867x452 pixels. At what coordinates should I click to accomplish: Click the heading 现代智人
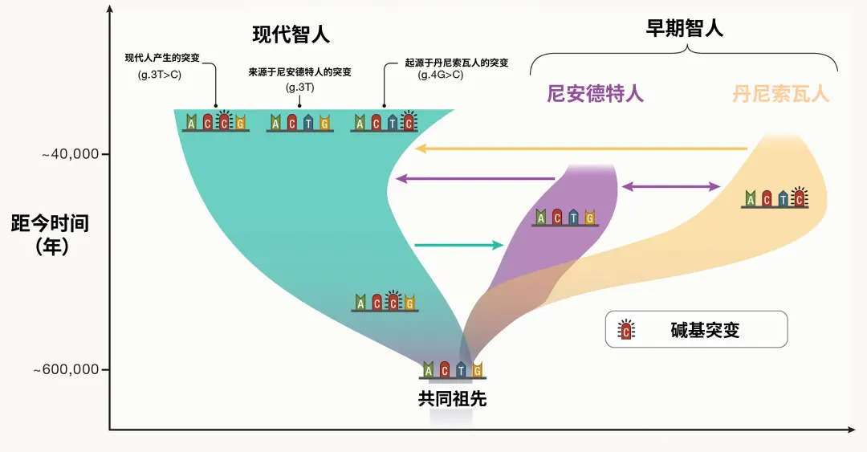point(291,35)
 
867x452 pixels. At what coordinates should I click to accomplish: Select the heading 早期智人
point(684,29)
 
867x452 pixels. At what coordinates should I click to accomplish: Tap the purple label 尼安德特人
point(595,94)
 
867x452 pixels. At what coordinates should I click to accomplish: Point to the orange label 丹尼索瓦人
point(780,94)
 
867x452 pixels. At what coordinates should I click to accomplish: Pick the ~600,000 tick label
point(66,370)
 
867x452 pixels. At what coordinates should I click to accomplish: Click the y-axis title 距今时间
point(50,223)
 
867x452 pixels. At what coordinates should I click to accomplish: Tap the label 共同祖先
point(452,398)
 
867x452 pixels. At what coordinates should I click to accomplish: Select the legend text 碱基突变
point(705,330)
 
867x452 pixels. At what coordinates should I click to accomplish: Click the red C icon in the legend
point(625,329)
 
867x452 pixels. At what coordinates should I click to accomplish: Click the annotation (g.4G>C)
point(440,75)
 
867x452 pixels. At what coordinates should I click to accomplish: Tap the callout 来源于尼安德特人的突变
point(299,72)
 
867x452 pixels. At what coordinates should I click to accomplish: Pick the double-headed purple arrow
point(671,186)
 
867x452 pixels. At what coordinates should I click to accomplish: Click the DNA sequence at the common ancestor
point(453,369)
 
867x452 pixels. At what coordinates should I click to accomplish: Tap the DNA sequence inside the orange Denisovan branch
point(775,198)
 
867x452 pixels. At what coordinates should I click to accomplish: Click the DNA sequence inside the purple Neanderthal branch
point(566,217)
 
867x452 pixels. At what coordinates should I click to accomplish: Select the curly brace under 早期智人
point(684,57)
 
